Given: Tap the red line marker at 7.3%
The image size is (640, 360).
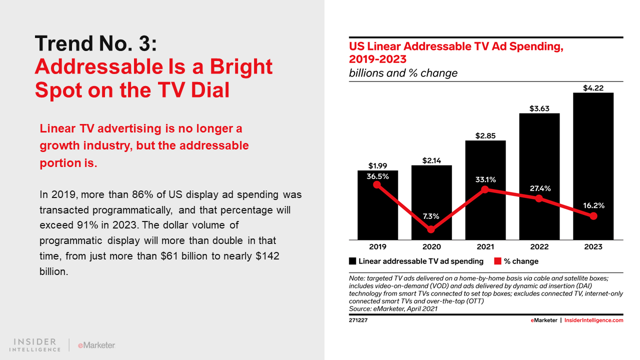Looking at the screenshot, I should (431, 229).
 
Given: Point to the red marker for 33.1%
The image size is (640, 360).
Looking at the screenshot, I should (485, 189).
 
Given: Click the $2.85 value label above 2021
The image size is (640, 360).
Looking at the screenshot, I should (485, 136).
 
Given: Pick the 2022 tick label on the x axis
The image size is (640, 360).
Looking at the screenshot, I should (539, 247).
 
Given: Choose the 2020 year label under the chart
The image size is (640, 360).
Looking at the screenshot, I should (431, 247).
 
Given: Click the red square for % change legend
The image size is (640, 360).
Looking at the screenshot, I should (497, 261).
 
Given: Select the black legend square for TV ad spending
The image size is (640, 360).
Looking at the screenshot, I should (352, 261).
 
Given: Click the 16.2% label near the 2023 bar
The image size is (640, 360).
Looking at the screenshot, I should (593, 205).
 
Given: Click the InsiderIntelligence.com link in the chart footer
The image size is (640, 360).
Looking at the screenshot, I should (593, 320).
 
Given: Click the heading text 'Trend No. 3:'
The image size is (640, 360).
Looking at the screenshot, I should (96, 44).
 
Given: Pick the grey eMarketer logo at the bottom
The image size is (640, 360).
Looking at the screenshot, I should (96, 345).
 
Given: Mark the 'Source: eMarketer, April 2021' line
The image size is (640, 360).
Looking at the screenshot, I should (393, 308).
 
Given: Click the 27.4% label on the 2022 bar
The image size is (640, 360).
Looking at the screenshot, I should (539, 188).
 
